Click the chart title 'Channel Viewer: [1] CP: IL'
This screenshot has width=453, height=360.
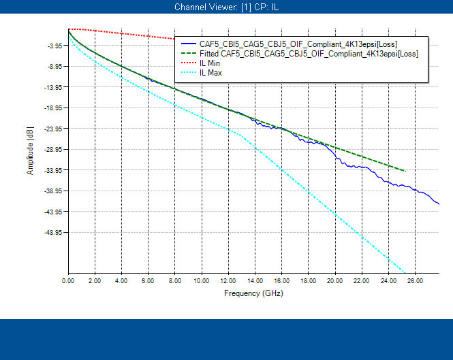coord(226,7)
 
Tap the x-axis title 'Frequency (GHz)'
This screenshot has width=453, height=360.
coord(253,293)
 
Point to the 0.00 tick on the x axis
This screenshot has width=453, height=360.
coord(68,280)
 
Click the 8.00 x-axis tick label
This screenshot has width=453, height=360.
coord(175,280)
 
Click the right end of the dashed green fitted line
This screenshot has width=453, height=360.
coord(405,171)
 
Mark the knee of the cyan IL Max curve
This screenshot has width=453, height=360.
coord(239,134)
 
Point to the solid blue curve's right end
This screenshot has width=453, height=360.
coord(439,203)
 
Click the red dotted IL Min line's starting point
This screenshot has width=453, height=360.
coord(69,29)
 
